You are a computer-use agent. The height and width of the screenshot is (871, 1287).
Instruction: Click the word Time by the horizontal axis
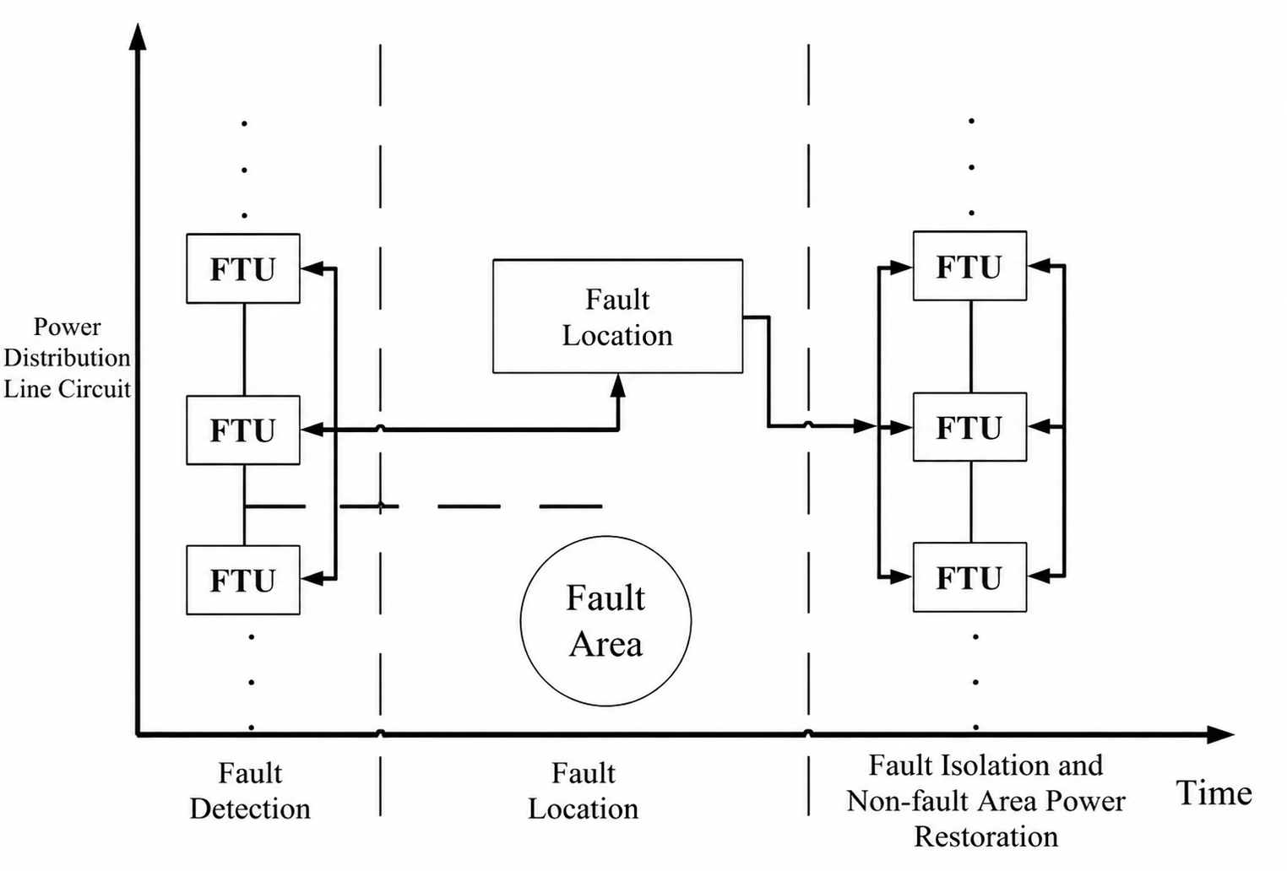1214,793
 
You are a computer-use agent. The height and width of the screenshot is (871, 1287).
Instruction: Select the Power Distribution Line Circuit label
68,358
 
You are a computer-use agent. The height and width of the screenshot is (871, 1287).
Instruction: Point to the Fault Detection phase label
250,791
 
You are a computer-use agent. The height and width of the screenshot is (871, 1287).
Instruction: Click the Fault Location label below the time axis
584,791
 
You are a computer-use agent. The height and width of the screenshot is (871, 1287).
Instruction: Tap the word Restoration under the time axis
986,836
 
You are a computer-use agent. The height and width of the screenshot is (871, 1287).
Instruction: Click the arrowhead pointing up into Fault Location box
617,386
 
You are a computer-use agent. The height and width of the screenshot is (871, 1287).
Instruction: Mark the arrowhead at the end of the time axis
1220,734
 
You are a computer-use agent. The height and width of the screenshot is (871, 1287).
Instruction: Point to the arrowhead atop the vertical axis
138,35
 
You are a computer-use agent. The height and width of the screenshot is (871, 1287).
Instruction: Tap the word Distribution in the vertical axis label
68,358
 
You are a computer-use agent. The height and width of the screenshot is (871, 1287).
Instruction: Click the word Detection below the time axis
250,809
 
